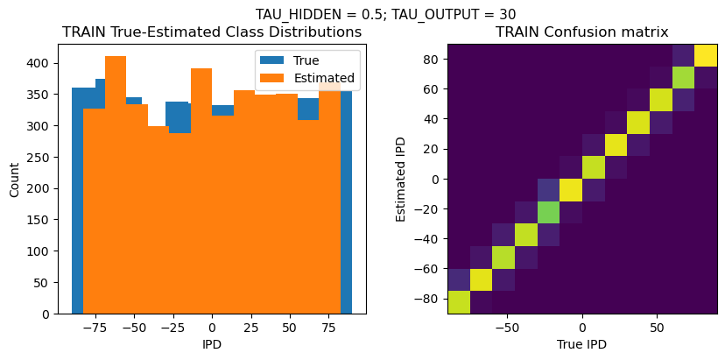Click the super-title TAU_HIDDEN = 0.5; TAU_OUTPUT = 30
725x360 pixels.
point(385,14)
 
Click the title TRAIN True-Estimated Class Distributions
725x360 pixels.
point(212,32)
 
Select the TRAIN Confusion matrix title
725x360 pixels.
point(581,32)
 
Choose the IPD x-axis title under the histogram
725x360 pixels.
point(212,344)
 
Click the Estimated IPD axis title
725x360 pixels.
point(401,179)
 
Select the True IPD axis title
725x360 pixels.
point(581,344)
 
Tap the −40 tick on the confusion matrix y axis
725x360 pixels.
point(428,238)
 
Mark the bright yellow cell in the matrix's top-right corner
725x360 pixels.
point(706,55)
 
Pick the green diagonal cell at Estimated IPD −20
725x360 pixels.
point(547,212)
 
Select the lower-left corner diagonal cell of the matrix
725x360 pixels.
point(458,302)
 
